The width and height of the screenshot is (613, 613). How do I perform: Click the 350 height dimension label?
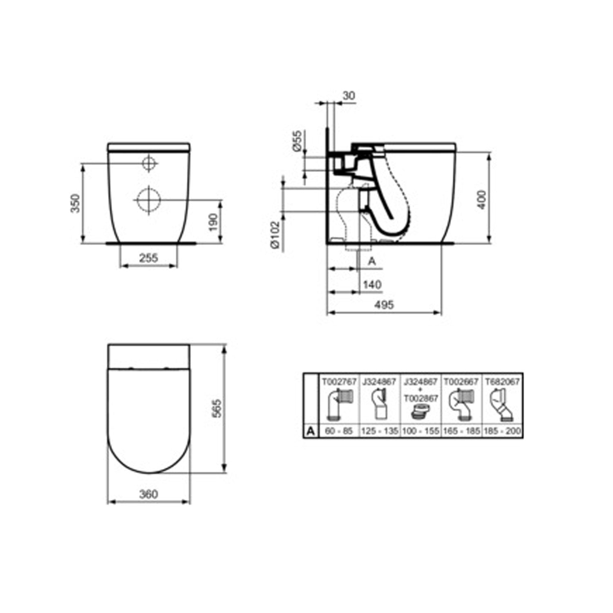pos(75,203)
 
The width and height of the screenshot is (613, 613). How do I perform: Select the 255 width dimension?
pos(149,258)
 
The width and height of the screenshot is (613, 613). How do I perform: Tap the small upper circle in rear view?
pos(149,163)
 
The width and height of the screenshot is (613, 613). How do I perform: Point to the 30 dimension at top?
pos(349,96)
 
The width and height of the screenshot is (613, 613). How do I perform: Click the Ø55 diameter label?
pos(298,141)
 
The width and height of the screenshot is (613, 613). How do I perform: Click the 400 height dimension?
pos(482,200)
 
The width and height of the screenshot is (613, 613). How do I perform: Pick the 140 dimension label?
pos(372,284)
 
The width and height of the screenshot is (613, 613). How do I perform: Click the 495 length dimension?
pos(384,304)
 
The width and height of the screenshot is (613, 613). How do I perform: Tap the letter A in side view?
pos(372,261)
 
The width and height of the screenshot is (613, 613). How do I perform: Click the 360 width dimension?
pos(148,494)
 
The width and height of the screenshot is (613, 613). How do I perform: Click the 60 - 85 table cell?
pos(339,431)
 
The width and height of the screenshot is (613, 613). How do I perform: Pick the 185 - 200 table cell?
pos(502,431)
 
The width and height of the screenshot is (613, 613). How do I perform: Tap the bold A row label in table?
pos(311,431)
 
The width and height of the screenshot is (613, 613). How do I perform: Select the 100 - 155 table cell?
pos(421,431)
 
